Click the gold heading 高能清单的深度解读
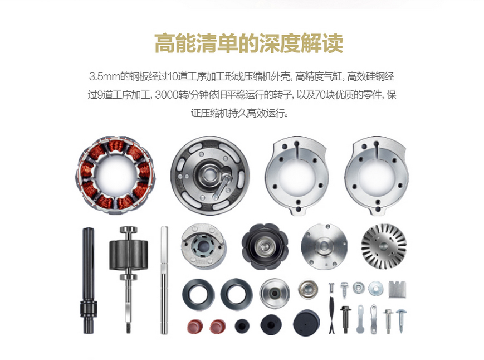click(x=249, y=43)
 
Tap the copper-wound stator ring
click(x=116, y=176)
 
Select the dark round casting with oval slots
click(x=210, y=176)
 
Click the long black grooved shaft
click(x=88, y=280)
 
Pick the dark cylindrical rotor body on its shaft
click(x=129, y=255)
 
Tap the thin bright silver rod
click(x=164, y=280)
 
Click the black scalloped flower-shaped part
click(x=265, y=246)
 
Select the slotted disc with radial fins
click(x=384, y=246)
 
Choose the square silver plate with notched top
click(x=397, y=289)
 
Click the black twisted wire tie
click(x=331, y=315)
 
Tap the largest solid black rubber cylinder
click(x=306, y=323)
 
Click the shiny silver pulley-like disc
click(x=275, y=293)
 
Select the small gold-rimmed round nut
click(x=308, y=289)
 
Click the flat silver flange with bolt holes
click(x=324, y=246)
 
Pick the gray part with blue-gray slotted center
click(x=204, y=246)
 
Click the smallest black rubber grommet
click(x=242, y=326)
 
